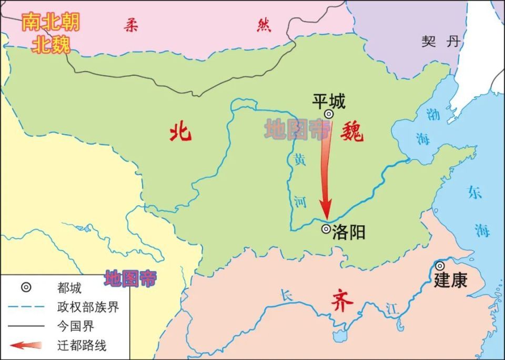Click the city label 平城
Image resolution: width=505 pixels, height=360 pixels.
click(329, 101)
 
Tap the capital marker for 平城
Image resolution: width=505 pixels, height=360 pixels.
click(328, 114)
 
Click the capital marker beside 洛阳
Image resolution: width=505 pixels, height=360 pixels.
click(326, 229)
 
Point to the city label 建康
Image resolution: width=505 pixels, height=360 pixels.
click(450, 280)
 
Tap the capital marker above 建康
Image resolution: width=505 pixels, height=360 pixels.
click(439, 266)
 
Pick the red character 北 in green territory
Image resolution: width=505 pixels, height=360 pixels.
click(180, 133)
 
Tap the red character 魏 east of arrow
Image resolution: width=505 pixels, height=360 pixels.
click(351, 133)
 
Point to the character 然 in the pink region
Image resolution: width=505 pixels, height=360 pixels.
click(264, 25)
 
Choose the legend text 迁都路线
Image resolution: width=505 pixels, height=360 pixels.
click(81, 346)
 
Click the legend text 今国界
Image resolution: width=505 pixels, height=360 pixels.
click(75, 327)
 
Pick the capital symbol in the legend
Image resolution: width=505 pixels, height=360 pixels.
click(26, 287)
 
